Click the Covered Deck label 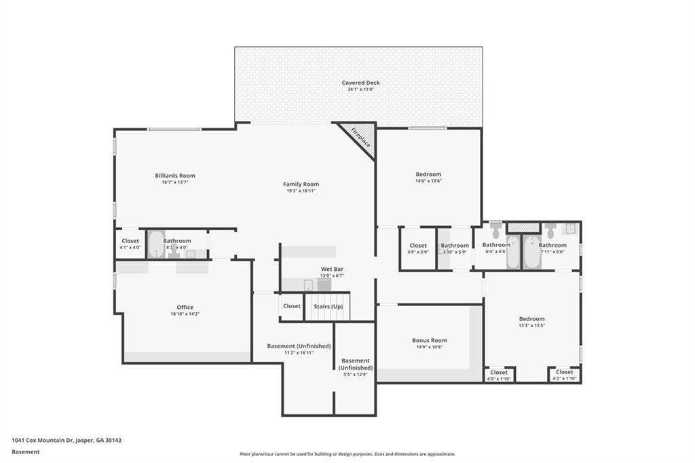[x=360, y=83]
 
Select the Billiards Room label [x=174, y=176]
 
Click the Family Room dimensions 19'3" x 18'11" [x=301, y=191]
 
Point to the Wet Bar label [x=332, y=269]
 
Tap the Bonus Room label [x=429, y=341]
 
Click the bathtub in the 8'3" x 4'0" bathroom [x=156, y=244]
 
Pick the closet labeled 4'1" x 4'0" [x=130, y=241]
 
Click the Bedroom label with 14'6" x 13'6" [x=428, y=174]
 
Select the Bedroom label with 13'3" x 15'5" [x=531, y=319]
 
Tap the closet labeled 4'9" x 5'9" [x=418, y=246]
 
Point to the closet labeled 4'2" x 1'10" [x=564, y=373]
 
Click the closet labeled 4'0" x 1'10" [x=499, y=373]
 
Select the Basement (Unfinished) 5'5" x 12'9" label [x=356, y=365]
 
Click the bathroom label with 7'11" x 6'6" [x=552, y=245]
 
